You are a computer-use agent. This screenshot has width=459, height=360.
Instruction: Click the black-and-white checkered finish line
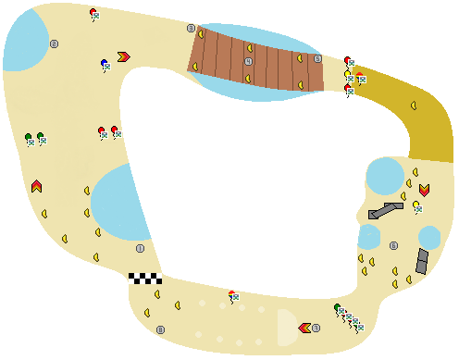pyautogui.click(x=144, y=278)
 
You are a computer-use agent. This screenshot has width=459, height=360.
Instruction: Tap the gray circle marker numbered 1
pyautogui.click(x=141, y=248)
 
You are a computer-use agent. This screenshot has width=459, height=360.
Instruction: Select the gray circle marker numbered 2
pyautogui.click(x=54, y=43)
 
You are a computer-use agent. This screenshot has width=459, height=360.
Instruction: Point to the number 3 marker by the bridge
pyautogui.click(x=191, y=29)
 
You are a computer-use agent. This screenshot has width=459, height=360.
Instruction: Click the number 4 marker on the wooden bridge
pyautogui.click(x=248, y=61)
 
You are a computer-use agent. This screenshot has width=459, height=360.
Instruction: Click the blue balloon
pyautogui.click(x=104, y=63)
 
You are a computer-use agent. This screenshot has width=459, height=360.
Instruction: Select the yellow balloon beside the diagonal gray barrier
pyautogui.click(x=416, y=205)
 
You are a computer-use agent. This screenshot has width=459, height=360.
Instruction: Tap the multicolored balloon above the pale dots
pyautogui.click(x=231, y=294)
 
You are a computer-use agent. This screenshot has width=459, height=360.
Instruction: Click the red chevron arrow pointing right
pyautogui.click(x=124, y=57)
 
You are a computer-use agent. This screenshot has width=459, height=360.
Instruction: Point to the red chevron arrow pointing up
pyautogui.click(x=36, y=186)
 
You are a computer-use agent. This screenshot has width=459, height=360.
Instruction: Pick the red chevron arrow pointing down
pyautogui.click(x=424, y=190)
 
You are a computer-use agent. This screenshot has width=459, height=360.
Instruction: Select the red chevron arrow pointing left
pyautogui.click(x=304, y=328)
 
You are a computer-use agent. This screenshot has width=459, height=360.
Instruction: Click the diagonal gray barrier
pyautogui.click(x=385, y=211)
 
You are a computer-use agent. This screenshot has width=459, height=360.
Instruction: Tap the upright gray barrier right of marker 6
pyautogui.click(x=423, y=261)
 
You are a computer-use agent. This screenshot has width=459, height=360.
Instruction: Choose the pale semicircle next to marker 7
pyautogui.click(x=286, y=327)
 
